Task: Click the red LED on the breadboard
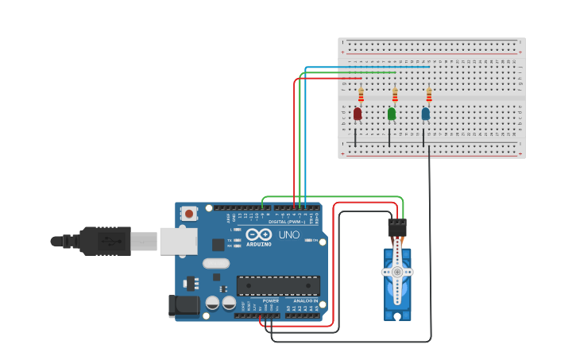coord(358,114)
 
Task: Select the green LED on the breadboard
coord(392,114)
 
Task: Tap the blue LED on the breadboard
coord(426,114)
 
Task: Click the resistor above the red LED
coord(361,95)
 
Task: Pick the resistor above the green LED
coord(395,95)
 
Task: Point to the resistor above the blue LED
coord(429,95)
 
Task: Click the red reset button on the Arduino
coord(189,213)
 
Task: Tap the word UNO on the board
coord(288,235)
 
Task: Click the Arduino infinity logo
coord(258,234)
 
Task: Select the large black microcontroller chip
coord(278,285)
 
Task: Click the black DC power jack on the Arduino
coord(182,306)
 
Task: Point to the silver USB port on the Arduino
coord(178,241)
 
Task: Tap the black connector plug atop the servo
coord(397,228)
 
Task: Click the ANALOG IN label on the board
coord(305,302)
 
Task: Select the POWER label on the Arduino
coord(270,302)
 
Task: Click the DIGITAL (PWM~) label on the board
coord(288,221)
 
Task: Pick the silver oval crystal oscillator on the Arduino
coord(215,263)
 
